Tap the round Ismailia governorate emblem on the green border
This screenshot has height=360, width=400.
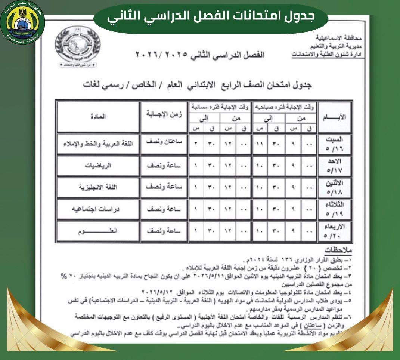tap(22, 22)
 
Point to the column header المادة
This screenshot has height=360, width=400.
tap(98, 116)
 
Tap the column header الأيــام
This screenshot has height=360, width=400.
tap(335, 117)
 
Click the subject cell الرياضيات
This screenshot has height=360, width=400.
tap(98, 166)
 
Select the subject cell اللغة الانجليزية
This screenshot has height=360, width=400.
tap(98, 188)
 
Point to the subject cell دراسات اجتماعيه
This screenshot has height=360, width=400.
tap(98, 210)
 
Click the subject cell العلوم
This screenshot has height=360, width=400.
tap(98, 231)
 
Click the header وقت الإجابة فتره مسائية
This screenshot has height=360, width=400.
tap(219, 106)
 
